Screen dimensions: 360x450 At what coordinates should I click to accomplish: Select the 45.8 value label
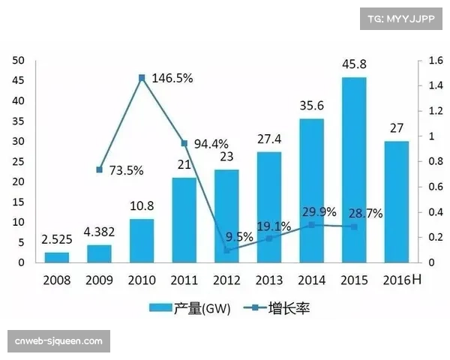click(354, 66)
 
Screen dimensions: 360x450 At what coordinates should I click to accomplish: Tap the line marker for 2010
click(141, 77)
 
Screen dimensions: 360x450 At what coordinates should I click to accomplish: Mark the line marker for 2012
click(227, 250)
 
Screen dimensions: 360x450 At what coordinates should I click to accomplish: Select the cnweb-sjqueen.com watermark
click(58, 340)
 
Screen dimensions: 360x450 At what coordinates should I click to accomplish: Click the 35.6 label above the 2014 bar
click(311, 106)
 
